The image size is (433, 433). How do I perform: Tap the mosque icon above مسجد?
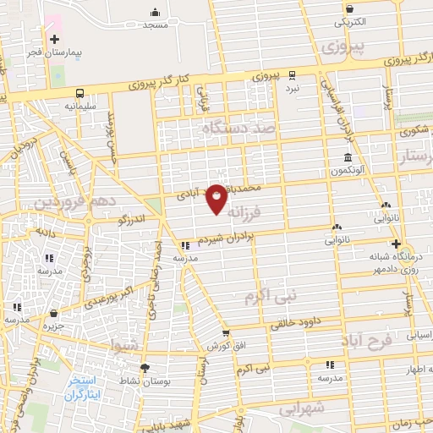(156, 12)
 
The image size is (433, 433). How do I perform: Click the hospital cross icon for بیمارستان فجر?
(55, 39)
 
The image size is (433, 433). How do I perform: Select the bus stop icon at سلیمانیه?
(79, 93)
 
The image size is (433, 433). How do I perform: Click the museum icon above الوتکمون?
(348, 158)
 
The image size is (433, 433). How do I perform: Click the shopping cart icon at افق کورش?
(225, 334)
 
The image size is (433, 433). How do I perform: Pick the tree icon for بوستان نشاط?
(145, 368)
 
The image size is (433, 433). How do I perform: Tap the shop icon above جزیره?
(54, 312)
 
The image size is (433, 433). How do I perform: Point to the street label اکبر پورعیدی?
(127, 290)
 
